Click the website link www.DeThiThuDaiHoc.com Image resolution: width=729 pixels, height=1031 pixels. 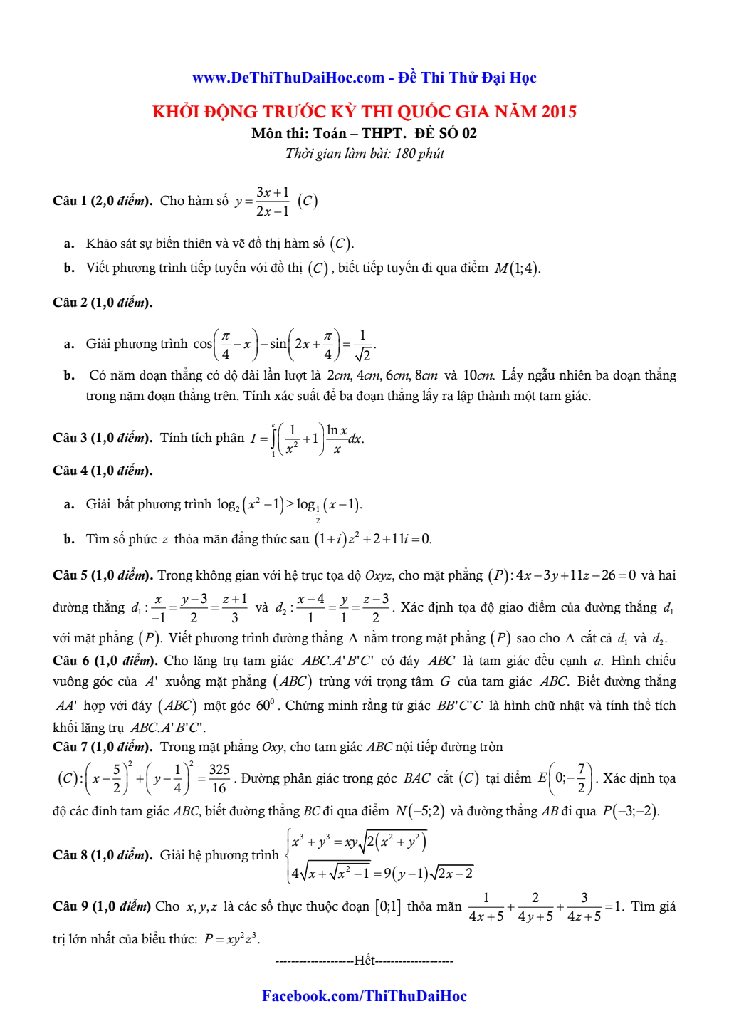click(288, 78)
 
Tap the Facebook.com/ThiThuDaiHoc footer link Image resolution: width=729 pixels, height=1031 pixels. click(364, 996)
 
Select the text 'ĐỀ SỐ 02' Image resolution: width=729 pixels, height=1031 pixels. click(446, 133)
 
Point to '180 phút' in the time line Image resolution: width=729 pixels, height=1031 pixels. click(419, 153)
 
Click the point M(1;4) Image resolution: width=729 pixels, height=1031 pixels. click(518, 268)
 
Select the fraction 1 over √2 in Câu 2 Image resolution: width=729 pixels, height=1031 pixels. click(362, 345)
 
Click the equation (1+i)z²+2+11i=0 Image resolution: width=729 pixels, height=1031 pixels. click(372, 539)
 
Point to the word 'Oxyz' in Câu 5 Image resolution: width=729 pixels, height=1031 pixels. click(379, 575)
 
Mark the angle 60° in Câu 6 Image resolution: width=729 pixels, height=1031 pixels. click(266, 706)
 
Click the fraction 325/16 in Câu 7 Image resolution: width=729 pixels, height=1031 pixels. click(219, 778)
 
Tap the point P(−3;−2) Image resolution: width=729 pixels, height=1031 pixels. click(630, 811)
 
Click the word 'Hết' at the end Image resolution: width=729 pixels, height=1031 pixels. click(364, 961)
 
